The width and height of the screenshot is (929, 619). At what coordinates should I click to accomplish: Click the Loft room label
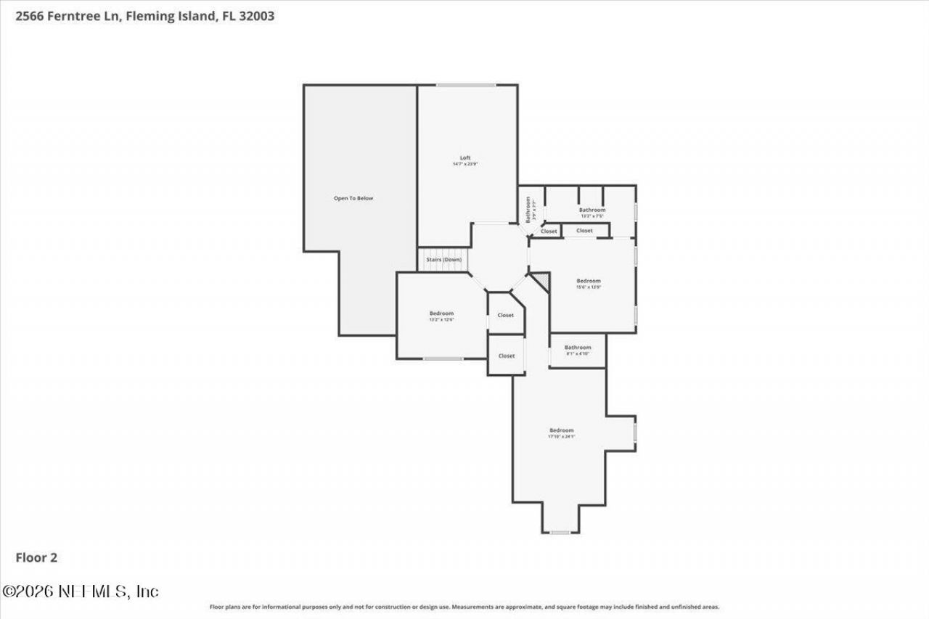coord(465,157)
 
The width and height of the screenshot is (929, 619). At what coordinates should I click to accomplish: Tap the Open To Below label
coord(353,198)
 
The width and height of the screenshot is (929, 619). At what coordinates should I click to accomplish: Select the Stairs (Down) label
coord(443,259)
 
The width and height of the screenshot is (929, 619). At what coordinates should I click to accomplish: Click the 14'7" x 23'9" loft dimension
coord(465,164)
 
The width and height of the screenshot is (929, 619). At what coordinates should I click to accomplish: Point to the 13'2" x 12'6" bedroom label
coord(441,316)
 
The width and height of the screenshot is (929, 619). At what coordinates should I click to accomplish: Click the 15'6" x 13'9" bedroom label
coord(589,284)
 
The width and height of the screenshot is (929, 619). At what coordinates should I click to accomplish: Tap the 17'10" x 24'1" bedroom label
coord(561,433)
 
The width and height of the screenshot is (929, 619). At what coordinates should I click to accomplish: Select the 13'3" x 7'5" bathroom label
coord(592,213)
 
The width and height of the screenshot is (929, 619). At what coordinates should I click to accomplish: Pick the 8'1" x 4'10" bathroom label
coord(578,351)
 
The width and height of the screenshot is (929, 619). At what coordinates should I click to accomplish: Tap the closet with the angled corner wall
coord(506,315)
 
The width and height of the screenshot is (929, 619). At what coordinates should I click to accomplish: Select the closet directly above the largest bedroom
coord(506,356)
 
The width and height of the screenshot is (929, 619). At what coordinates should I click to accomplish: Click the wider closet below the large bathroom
coord(584,231)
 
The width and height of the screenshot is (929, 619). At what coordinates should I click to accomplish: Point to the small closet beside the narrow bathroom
coord(549,231)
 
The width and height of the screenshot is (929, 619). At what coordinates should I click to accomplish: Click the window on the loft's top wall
coord(466,85)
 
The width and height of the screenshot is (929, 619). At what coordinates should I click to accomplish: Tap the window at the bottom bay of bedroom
coord(560,533)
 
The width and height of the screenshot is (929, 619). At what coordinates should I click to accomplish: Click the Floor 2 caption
coord(36,557)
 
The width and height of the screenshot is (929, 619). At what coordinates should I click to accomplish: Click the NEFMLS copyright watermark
coord(80,591)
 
